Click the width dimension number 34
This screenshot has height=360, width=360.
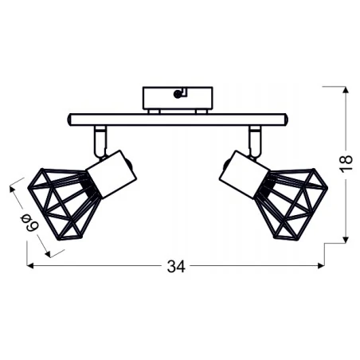pyautogui.click(x=176, y=268)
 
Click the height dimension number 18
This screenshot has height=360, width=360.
pyautogui.click(x=346, y=165)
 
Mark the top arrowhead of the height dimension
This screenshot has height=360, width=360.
pyautogui.click(x=345, y=90)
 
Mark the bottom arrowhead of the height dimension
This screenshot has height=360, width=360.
pyautogui.click(x=345, y=239)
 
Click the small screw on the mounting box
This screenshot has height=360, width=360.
pyautogui.click(x=176, y=95)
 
